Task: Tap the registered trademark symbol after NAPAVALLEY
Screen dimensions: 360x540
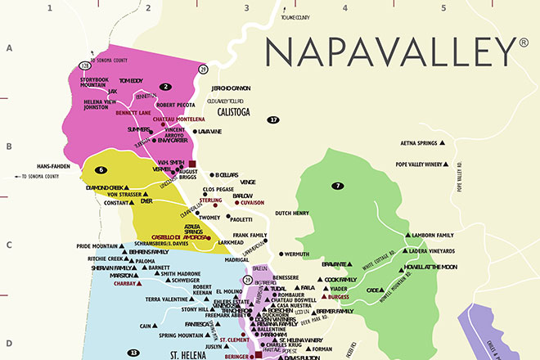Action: [x=523, y=41]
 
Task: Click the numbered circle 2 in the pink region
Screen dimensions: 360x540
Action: [x=166, y=86]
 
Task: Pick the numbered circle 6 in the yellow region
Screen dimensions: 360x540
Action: [x=101, y=170]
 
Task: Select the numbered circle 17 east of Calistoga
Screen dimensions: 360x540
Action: [x=273, y=119]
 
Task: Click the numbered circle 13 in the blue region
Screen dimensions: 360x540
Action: [x=133, y=353]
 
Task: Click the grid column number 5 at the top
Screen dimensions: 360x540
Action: [x=443, y=9]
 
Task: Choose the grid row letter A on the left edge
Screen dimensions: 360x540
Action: [x=10, y=48]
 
